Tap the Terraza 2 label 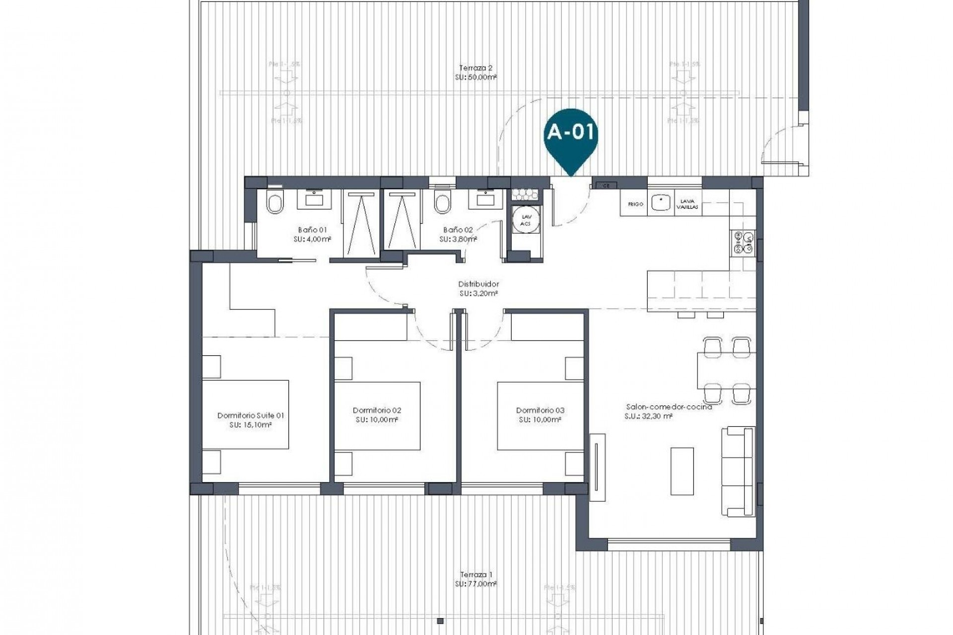click(x=476, y=68)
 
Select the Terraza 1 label click(x=476, y=574)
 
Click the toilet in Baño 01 click(x=274, y=202)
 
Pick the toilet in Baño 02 click(x=441, y=202)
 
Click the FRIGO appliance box click(x=635, y=204)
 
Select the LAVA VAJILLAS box click(x=688, y=204)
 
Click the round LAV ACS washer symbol click(x=525, y=220)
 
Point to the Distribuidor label click(x=478, y=284)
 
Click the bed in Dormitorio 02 click(x=377, y=416)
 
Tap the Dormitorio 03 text click(x=540, y=410)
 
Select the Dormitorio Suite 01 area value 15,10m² click(x=250, y=425)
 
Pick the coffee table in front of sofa click(x=682, y=471)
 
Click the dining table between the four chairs click(x=726, y=371)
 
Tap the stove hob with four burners click(x=743, y=243)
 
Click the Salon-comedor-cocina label click(x=669, y=407)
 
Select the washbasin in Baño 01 click(x=314, y=199)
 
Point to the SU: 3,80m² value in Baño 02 click(x=458, y=239)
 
